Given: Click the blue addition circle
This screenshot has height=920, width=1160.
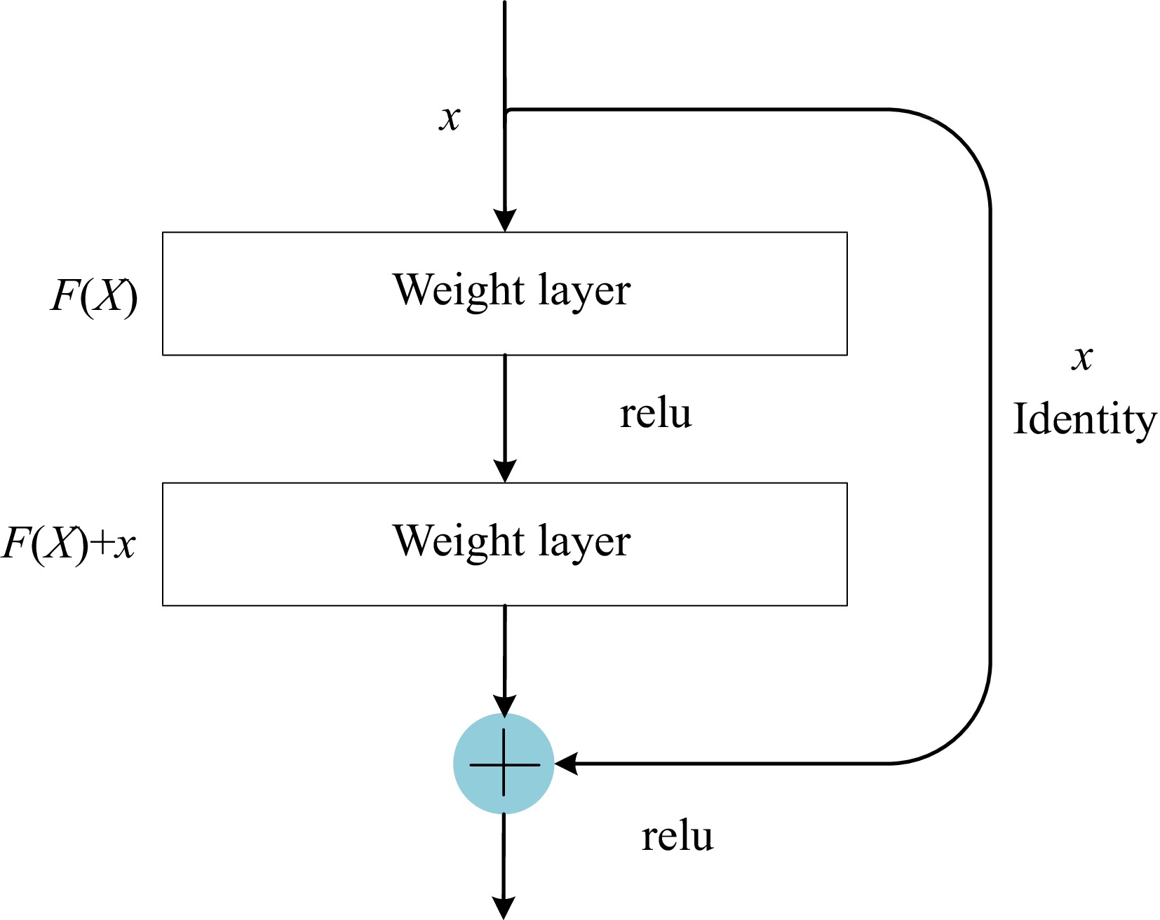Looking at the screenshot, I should [x=504, y=764].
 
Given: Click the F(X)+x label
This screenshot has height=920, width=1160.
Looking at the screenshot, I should [x=69, y=543].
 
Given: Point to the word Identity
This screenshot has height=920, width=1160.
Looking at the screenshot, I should [x=1084, y=420].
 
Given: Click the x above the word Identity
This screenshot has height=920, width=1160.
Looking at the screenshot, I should [x=1082, y=358].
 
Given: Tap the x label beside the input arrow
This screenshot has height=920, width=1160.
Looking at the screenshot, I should [x=450, y=118].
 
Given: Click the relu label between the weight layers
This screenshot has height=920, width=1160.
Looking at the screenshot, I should [x=656, y=414].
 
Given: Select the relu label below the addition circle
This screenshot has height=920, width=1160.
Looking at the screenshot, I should [x=677, y=837].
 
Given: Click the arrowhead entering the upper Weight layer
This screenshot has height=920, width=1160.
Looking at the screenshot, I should [x=504, y=220].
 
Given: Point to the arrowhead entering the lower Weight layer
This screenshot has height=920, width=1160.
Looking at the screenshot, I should [x=504, y=471].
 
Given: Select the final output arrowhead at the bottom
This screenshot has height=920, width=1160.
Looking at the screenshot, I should [x=504, y=907].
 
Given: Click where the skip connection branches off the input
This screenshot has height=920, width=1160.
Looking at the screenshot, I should [x=506, y=110].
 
